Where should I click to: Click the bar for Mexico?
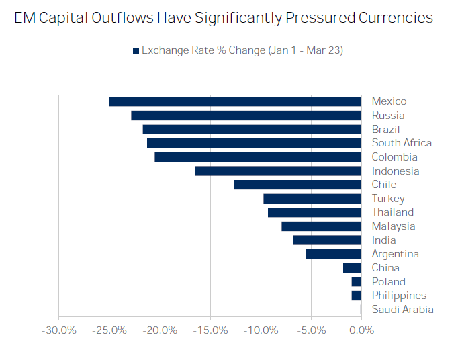click(x=235, y=101)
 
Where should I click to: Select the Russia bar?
click(x=246, y=116)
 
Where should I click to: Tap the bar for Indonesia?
click(x=278, y=171)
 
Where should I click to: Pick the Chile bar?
click(x=297, y=185)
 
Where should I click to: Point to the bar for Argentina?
click(x=333, y=254)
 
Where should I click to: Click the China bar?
click(x=352, y=268)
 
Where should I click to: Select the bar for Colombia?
click(x=258, y=157)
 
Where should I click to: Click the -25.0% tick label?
click(x=109, y=330)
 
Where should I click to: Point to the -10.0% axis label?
click(x=261, y=330)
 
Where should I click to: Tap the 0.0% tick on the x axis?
click(x=361, y=330)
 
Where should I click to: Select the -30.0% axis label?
click(x=58, y=330)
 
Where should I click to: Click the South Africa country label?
click(x=402, y=143)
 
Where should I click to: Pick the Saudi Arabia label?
click(x=402, y=310)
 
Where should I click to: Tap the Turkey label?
click(x=388, y=199)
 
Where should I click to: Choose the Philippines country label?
click(x=399, y=296)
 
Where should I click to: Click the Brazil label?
click(x=385, y=129)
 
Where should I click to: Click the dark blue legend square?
click(x=136, y=51)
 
